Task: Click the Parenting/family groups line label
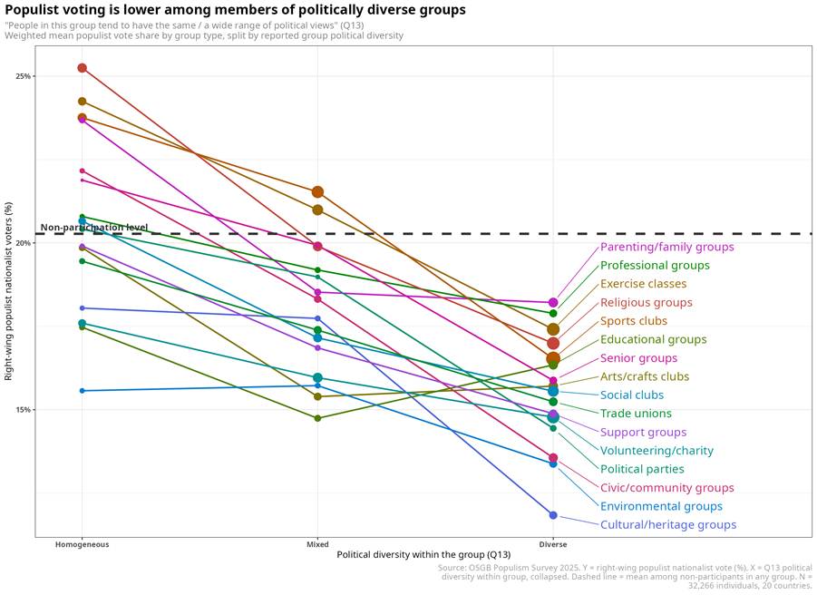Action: (x=667, y=247)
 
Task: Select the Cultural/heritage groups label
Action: (x=668, y=524)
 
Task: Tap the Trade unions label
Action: (x=636, y=414)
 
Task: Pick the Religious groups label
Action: (x=647, y=303)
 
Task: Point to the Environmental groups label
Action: (x=661, y=506)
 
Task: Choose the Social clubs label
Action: (x=632, y=395)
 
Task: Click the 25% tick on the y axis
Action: (x=23, y=76)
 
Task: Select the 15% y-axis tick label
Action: (x=23, y=410)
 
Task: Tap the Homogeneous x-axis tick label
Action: (x=83, y=544)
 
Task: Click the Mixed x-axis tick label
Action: (x=318, y=544)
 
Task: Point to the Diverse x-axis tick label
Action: (x=553, y=544)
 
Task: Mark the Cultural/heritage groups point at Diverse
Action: (x=553, y=515)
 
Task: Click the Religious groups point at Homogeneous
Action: (x=83, y=68)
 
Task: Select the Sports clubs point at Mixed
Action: (x=318, y=192)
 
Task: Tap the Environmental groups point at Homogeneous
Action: (x=83, y=391)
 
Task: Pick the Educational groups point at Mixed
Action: (x=318, y=418)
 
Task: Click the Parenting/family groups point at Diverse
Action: (x=553, y=303)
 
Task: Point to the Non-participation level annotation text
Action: (x=94, y=228)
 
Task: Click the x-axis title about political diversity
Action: (x=423, y=555)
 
